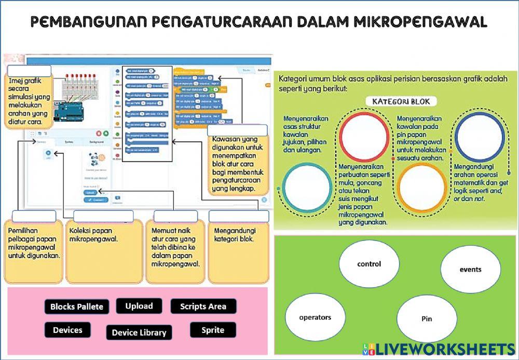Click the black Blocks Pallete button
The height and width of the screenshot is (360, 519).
click(x=77, y=306)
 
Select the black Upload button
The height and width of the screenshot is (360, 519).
click(x=139, y=306)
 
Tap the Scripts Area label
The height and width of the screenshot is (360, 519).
click(x=203, y=306)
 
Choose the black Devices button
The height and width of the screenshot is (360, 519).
click(x=67, y=330)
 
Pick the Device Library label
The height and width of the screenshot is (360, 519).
click(x=139, y=332)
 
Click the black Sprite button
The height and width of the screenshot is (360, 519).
click(x=213, y=330)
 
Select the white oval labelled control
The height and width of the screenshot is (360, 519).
click(x=369, y=264)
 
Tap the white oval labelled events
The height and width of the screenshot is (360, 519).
click(x=470, y=269)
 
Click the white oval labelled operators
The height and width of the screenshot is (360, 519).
click(x=315, y=317)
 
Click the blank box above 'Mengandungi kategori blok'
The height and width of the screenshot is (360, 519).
click(x=239, y=217)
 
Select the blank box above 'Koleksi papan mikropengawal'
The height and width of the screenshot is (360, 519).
click(x=103, y=217)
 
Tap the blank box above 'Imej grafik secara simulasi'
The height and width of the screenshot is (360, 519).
click(x=30, y=71)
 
